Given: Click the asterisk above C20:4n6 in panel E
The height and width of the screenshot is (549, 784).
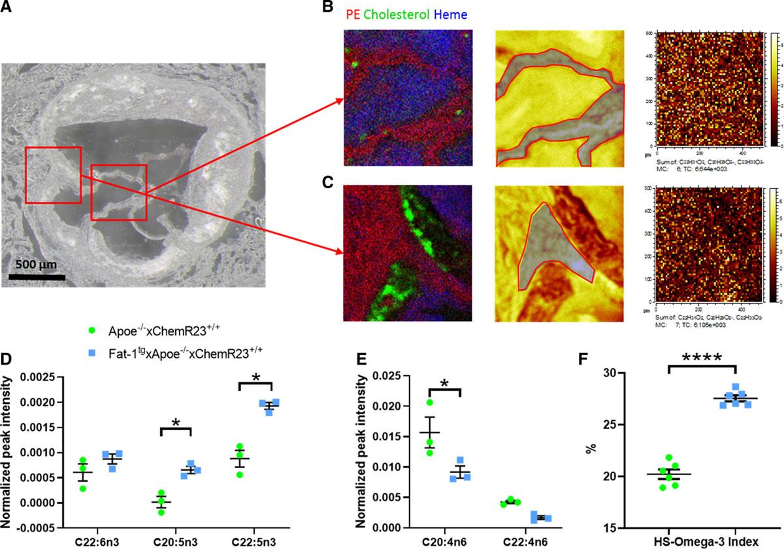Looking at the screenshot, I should [x=444, y=382].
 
